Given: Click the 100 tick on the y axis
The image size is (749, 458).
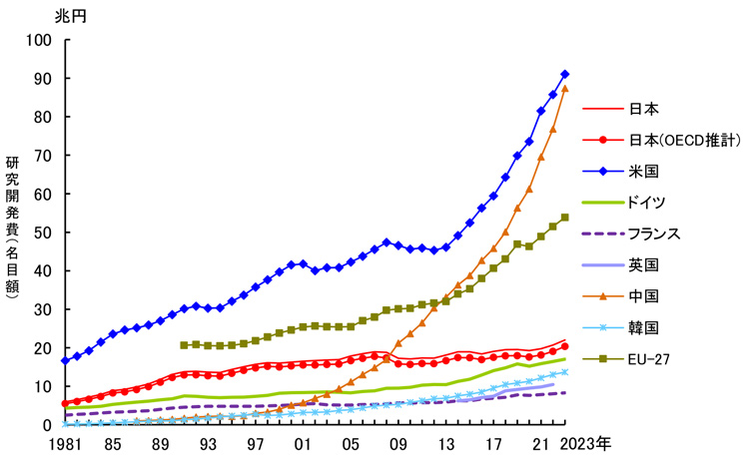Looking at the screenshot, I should point(38,40).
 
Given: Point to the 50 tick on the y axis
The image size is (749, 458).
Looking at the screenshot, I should point(42,232).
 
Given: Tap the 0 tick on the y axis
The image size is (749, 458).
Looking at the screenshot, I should point(46,425).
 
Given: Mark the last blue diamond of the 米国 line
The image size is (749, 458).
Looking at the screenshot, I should point(565,74).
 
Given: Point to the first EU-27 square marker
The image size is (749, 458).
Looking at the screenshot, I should point(184,344).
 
